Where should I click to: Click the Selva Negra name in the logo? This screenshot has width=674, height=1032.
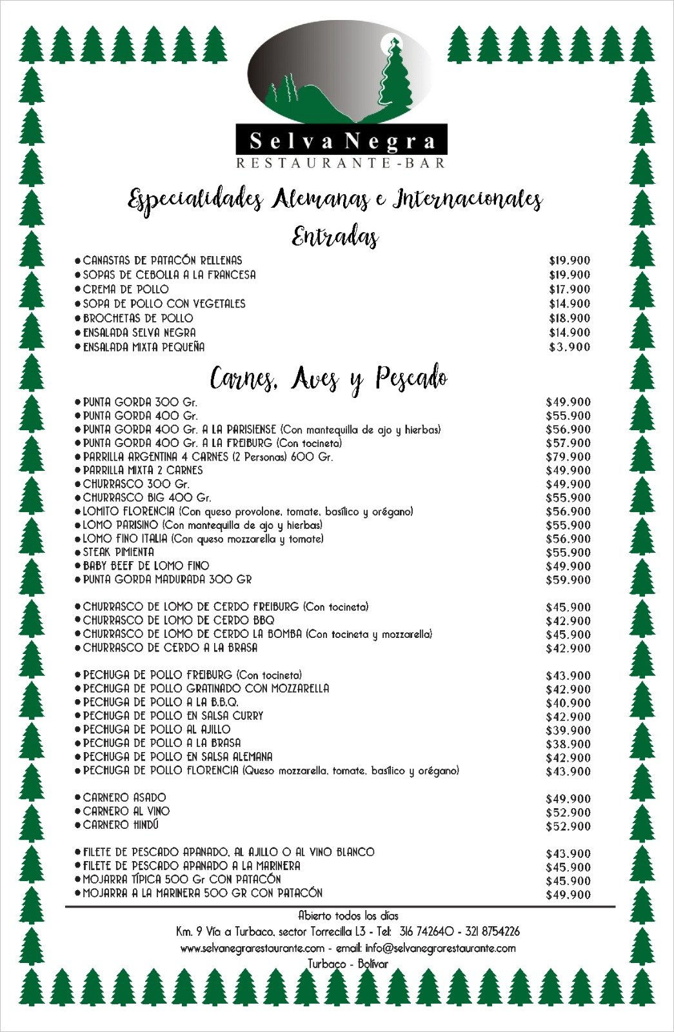click(341, 141)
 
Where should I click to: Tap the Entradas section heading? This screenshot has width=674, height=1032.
click(335, 237)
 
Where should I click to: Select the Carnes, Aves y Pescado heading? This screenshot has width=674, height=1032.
click(329, 378)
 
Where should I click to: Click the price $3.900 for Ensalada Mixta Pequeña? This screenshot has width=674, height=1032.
click(570, 347)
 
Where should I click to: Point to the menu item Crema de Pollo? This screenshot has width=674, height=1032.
click(126, 289)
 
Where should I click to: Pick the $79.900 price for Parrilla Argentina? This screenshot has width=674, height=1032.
click(568, 457)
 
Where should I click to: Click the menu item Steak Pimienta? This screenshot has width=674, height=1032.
click(119, 552)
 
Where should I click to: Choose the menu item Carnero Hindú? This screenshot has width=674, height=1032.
click(121, 825)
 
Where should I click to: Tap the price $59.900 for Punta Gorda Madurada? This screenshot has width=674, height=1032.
click(568, 580)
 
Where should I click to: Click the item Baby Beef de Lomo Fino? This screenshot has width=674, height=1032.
click(146, 566)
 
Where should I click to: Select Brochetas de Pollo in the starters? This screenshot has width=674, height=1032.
click(138, 318)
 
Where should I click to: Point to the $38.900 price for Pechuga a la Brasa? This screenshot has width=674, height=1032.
click(568, 744)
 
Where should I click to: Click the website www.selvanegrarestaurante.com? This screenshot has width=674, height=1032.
click(252, 948)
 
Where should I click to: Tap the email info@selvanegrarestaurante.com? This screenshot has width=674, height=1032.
click(441, 948)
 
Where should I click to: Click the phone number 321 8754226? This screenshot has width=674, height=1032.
click(492, 931)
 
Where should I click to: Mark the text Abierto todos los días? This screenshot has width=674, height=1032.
click(348, 915)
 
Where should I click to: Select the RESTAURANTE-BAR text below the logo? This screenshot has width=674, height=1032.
click(341, 163)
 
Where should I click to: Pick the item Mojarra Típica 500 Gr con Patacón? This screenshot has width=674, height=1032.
click(182, 879)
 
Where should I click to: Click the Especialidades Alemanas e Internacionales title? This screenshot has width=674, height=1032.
click(335, 199)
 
